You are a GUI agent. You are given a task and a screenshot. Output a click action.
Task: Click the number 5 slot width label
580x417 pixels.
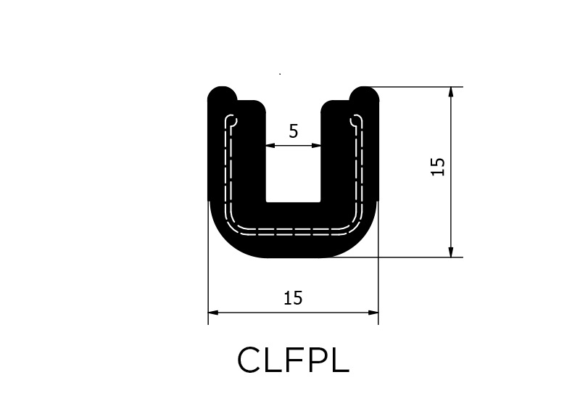coord(294,131)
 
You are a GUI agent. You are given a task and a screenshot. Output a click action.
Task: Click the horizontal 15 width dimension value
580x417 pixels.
coord(293,298)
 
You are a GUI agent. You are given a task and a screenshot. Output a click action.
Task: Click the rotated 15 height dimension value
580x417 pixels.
coord(438,167)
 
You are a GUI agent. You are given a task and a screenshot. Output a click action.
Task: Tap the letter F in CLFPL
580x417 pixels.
coord(294,360)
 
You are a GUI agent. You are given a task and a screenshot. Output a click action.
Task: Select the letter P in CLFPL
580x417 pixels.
coord(317,360)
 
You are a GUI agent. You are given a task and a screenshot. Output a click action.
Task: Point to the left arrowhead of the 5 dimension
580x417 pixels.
coord(270,146)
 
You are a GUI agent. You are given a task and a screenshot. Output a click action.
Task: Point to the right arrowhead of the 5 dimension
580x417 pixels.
coord(316,146)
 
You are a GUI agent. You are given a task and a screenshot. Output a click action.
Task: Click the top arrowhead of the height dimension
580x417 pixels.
coord(450,92)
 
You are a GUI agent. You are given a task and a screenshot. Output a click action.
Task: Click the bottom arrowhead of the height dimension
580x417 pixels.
coord(450,252)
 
